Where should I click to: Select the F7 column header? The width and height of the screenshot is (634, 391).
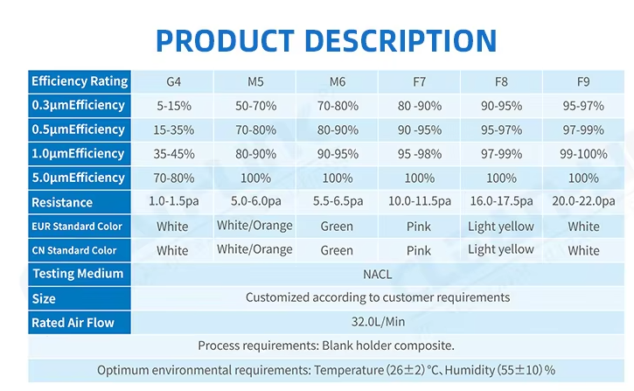click(419, 82)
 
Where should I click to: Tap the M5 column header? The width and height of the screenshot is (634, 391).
click(254, 82)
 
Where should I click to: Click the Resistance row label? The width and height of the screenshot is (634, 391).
click(62, 202)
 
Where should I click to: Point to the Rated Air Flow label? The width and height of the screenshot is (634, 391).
click(73, 322)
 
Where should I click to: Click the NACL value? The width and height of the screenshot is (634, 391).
click(378, 274)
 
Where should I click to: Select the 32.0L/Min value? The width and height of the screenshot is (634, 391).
click(378, 322)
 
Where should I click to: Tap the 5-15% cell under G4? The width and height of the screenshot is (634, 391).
click(172, 106)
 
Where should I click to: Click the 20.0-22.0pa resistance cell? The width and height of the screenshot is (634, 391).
click(583, 202)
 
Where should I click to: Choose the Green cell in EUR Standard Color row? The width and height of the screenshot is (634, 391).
click(337, 227)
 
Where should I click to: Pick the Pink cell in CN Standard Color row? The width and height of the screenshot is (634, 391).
click(419, 250)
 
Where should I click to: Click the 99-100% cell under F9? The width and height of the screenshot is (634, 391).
click(583, 154)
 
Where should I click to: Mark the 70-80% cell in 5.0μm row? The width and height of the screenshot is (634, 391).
click(172, 178)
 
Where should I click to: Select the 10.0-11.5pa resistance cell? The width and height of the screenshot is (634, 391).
click(419, 202)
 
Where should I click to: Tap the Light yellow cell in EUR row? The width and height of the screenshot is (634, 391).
click(501, 227)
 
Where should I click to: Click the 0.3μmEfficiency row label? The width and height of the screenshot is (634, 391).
click(79, 106)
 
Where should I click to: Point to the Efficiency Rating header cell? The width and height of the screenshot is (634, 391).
click(80, 81)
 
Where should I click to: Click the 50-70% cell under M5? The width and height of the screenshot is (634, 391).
click(254, 106)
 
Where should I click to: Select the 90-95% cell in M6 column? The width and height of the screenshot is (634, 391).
click(337, 154)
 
